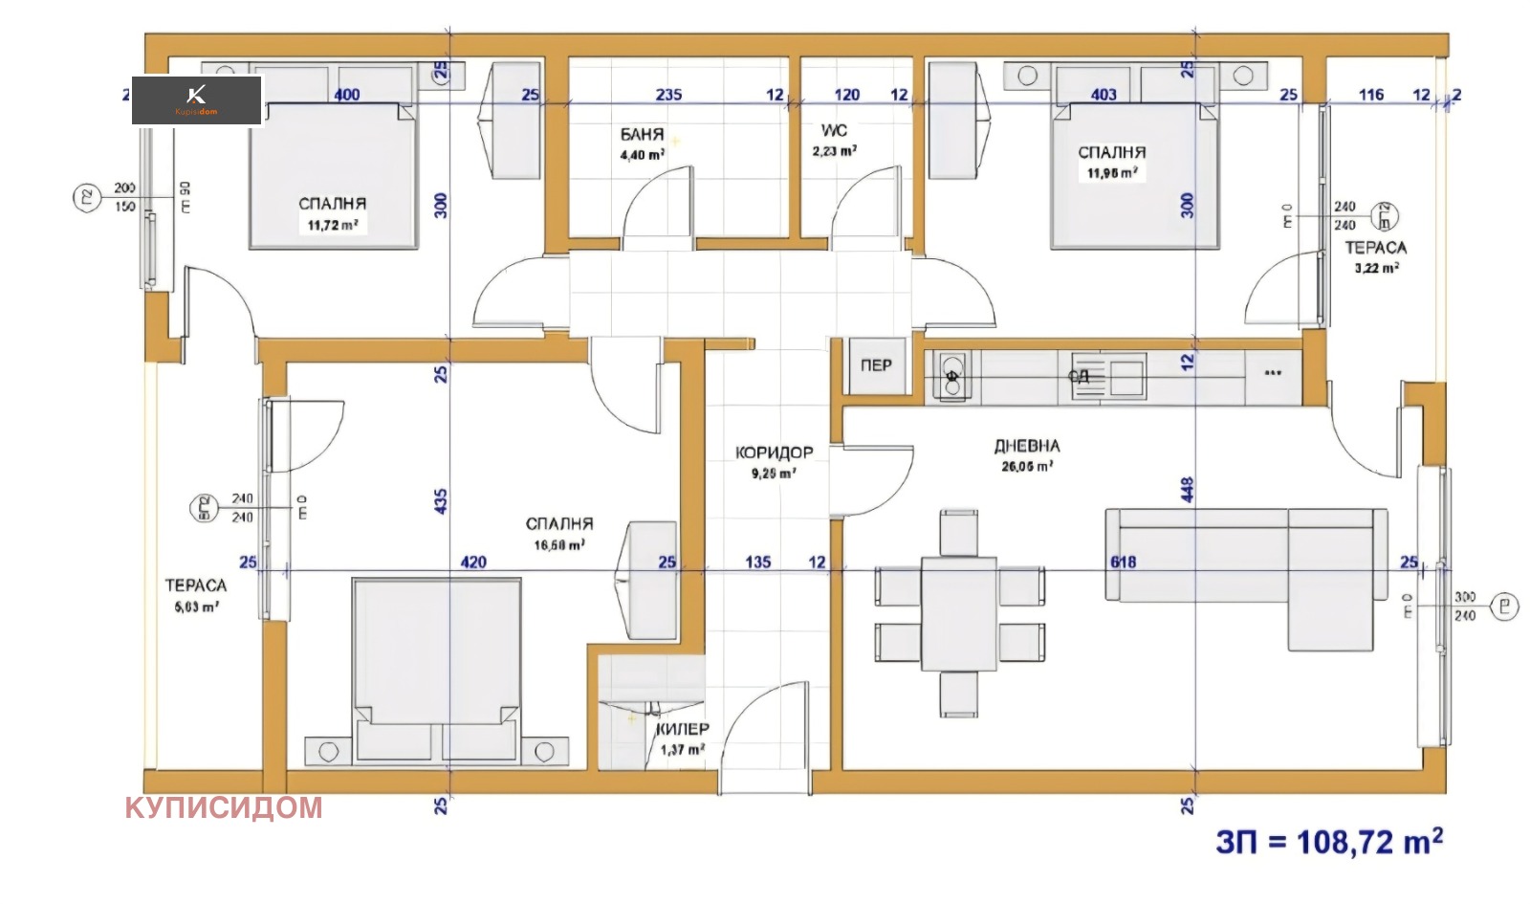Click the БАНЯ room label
tap(642, 135)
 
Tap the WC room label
tap(834, 130)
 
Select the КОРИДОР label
tap(774, 452)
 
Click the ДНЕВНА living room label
tap(1027, 446)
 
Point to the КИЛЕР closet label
tap(683, 729)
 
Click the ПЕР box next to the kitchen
tap(876, 365)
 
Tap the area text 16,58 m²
tap(558, 545)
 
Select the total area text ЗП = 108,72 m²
tap(1329, 842)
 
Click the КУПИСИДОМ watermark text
tap(224, 807)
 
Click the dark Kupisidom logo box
tap(197, 100)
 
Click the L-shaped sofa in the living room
tap(1243, 564)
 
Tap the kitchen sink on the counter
tap(1119, 376)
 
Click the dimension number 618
tap(1124, 562)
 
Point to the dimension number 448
tap(1188, 489)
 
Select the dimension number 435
tap(441, 500)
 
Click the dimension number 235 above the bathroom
tap(668, 95)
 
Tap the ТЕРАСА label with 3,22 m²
tap(1375, 248)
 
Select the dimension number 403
tap(1104, 95)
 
